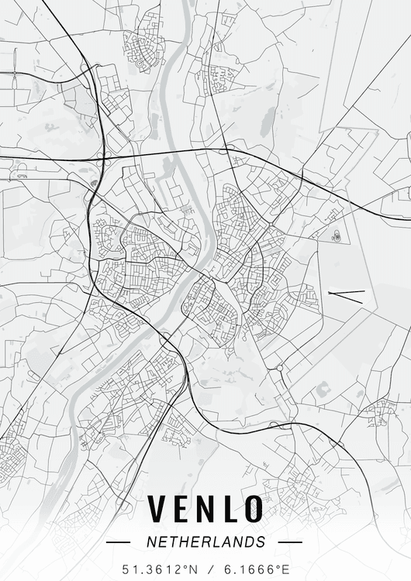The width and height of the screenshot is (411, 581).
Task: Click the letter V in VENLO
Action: [x=157, y=509]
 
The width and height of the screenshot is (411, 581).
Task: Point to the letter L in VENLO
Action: [x=230, y=509]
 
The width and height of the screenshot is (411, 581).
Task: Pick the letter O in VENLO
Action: [x=253, y=509]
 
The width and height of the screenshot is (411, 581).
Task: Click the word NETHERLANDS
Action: [x=205, y=542]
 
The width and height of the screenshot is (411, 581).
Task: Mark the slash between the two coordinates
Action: [x=205, y=569]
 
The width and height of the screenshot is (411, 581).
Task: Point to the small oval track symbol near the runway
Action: [x=337, y=235]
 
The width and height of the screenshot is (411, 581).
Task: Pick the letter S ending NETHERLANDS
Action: [x=261, y=542]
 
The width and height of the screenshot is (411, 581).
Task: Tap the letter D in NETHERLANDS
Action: [x=250, y=542]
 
